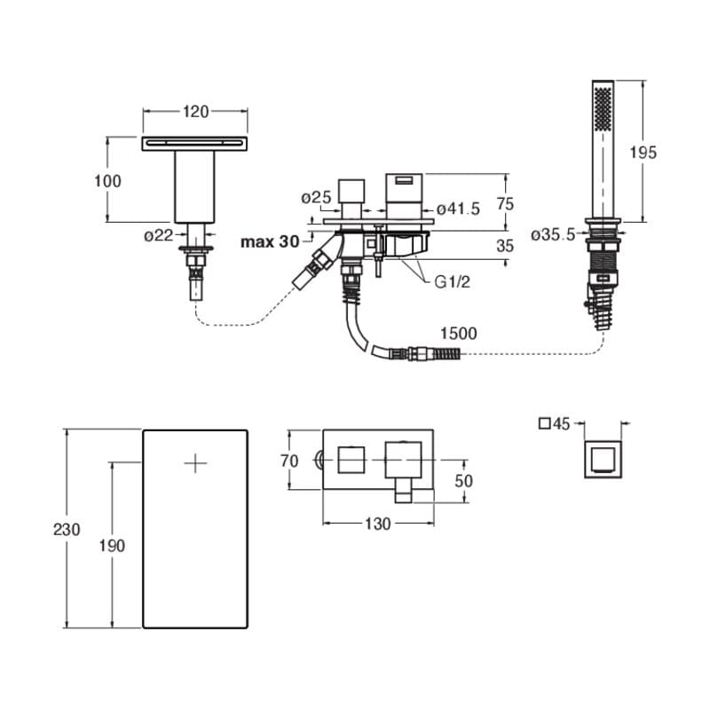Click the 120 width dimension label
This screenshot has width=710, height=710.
(195, 112)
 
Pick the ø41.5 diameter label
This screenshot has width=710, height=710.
(458, 209)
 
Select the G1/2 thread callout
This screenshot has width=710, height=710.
(453, 283)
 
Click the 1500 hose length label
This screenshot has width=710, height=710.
(458, 334)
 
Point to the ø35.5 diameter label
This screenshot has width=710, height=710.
(553, 234)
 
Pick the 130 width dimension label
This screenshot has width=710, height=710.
(377, 524)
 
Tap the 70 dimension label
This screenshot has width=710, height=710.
(288, 461)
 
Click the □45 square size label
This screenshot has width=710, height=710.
(553, 424)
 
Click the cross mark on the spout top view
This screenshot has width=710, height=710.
(195, 461)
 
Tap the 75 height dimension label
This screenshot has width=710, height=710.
(505, 203)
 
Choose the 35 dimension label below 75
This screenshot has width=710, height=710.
(505, 246)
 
